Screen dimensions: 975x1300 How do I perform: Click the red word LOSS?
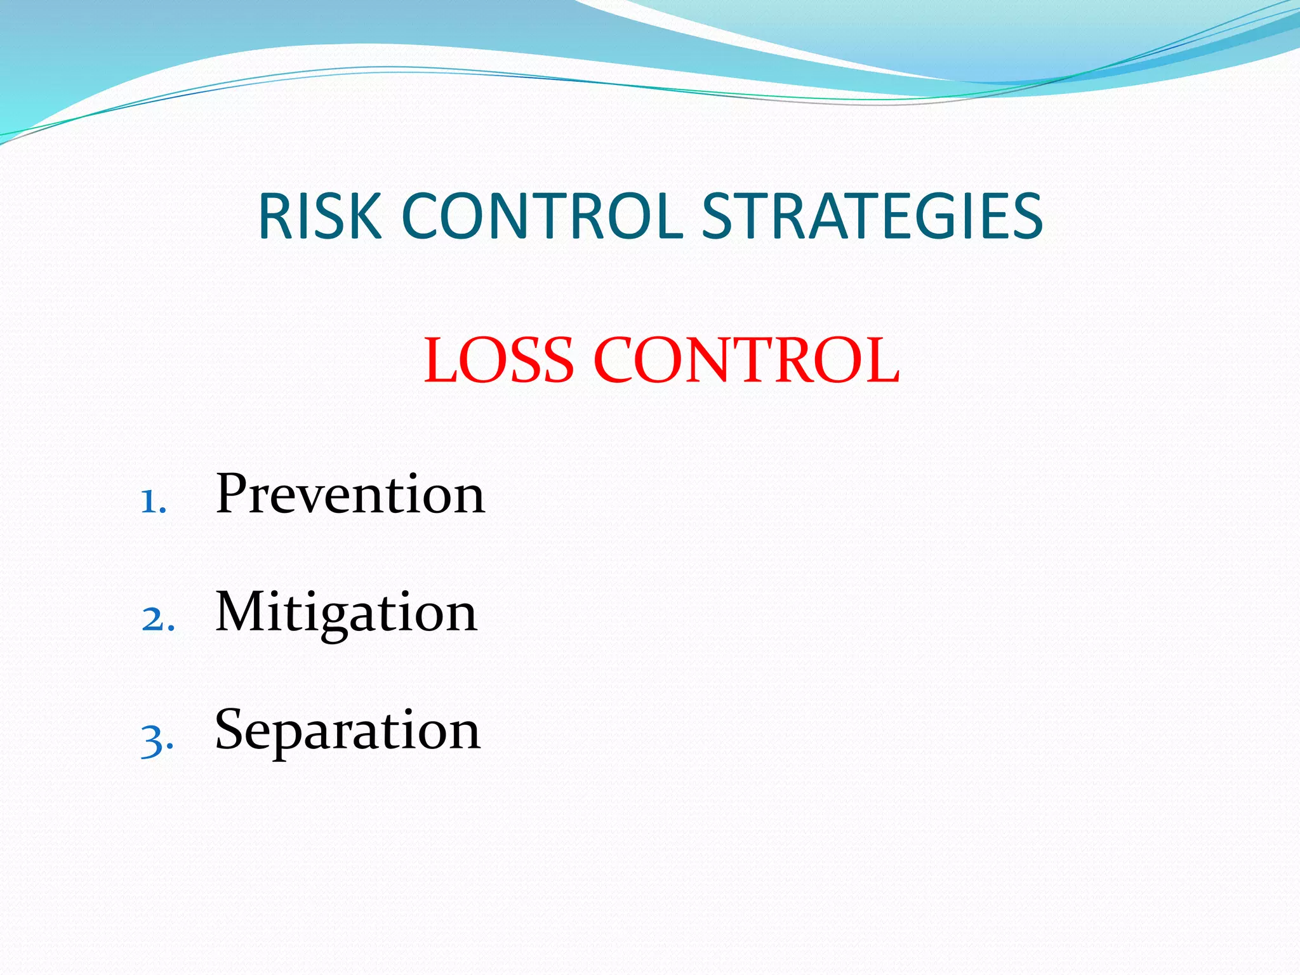click(x=499, y=361)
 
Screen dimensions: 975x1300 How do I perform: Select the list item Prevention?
click(x=350, y=494)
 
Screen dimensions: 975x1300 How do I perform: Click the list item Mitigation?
click(x=346, y=613)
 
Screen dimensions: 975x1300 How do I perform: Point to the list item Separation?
click(x=347, y=731)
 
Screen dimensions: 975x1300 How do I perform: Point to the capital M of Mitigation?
click(x=243, y=611)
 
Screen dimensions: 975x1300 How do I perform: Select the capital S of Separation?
click(x=231, y=729)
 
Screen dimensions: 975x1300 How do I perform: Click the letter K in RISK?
click(x=366, y=217)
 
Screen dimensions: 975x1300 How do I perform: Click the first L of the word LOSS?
click(x=440, y=361)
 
